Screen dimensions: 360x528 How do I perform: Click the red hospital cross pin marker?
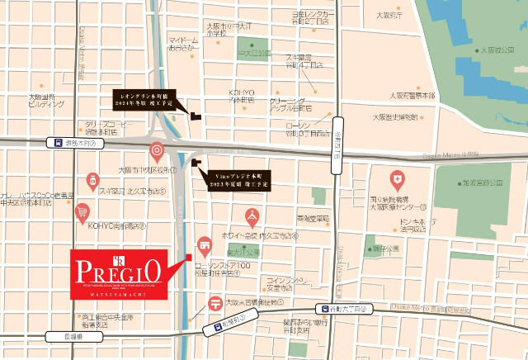[x=398, y=179]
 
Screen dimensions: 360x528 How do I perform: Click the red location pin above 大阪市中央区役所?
[x=157, y=152]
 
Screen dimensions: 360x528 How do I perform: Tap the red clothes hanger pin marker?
[x=253, y=217]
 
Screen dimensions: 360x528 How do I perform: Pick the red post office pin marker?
[x=216, y=301]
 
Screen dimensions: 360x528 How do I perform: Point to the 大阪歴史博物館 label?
[x=412, y=116]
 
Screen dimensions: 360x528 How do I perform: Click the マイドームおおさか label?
[x=183, y=44]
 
